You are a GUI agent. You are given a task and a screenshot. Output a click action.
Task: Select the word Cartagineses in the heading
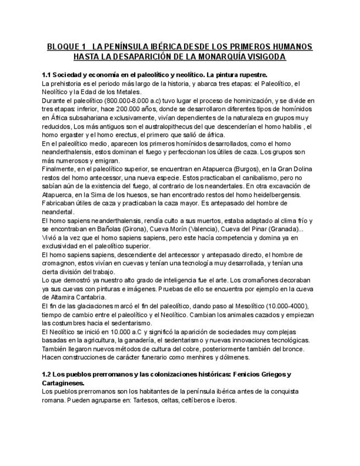point(64,383)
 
